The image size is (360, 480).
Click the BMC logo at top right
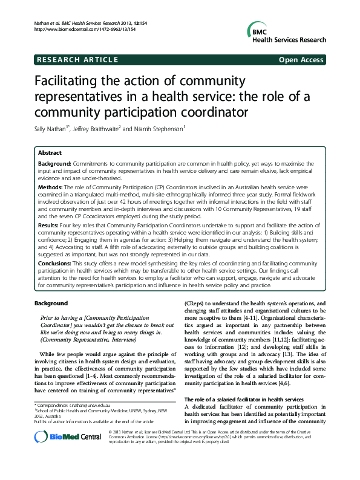tap(286, 32)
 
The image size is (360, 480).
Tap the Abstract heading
tap(49, 154)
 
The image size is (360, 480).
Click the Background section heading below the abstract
tap(51, 303)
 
